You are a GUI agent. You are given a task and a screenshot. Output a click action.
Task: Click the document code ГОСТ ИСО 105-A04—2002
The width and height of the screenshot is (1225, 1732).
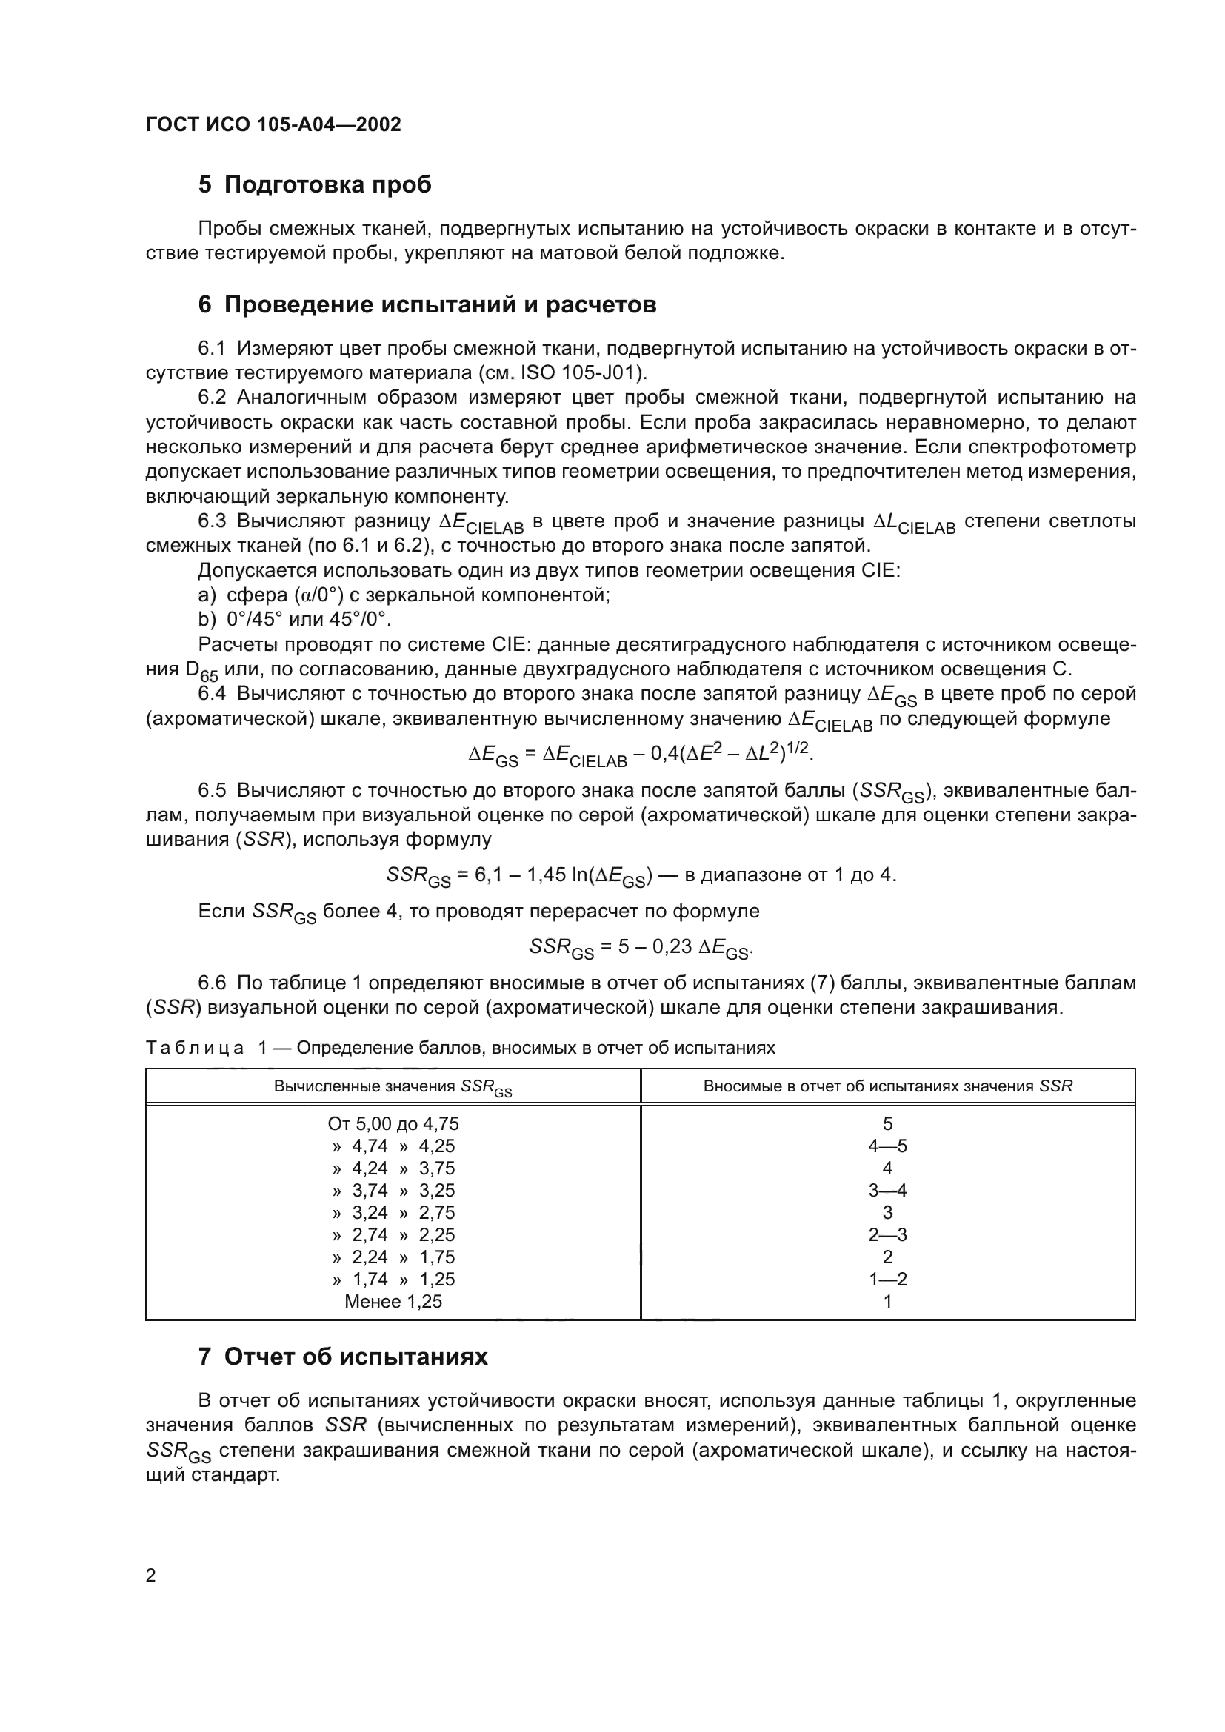(273, 124)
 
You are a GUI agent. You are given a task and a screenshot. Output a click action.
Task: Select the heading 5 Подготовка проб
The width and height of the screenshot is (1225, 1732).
(315, 185)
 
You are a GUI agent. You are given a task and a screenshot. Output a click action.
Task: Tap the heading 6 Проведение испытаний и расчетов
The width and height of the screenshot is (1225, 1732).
(427, 305)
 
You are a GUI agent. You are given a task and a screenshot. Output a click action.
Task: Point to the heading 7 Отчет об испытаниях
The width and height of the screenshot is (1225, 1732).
(342, 1357)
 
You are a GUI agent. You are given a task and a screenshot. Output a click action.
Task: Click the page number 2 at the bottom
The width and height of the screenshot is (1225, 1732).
(150, 1576)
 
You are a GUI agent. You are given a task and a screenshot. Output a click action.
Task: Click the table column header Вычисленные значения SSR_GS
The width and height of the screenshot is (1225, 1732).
(393, 1087)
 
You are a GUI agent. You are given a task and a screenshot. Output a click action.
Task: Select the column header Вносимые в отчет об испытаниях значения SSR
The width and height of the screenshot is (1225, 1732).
(888, 1086)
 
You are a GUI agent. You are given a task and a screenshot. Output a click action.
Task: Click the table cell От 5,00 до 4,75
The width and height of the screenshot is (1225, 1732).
(393, 1124)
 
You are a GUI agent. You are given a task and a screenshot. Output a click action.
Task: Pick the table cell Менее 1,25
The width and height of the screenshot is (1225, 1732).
(393, 1301)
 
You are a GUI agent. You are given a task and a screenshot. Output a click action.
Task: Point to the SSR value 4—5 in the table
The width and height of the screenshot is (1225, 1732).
(888, 1146)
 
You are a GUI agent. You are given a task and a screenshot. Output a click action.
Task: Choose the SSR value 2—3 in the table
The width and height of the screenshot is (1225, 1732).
(888, 1235)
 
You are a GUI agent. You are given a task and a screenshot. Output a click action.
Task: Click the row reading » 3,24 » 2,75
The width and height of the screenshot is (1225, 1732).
(393, 1212)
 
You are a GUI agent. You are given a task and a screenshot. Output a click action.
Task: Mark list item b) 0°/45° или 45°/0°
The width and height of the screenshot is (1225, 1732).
(295, 620)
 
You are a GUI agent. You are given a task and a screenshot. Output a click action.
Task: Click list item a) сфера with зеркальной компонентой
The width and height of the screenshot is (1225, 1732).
(404, 595)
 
